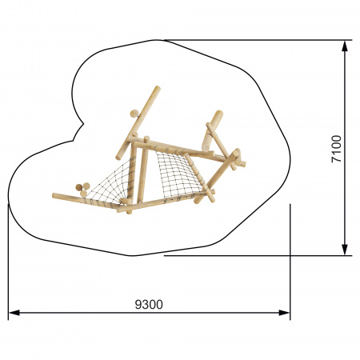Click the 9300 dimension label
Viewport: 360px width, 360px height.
coord(149,304)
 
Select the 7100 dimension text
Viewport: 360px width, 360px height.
coord(336,149)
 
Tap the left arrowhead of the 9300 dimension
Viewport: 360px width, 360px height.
coord(14,313)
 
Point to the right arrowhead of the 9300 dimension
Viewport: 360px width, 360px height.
coord(284,313)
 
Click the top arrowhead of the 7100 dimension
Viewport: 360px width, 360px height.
coord(345,46)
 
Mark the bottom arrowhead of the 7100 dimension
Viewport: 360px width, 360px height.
coord(345,250)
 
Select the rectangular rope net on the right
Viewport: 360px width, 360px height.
coord(178,174)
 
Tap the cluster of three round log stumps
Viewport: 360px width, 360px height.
coord(82,189)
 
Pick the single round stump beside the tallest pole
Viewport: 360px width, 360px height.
coord(134,114)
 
